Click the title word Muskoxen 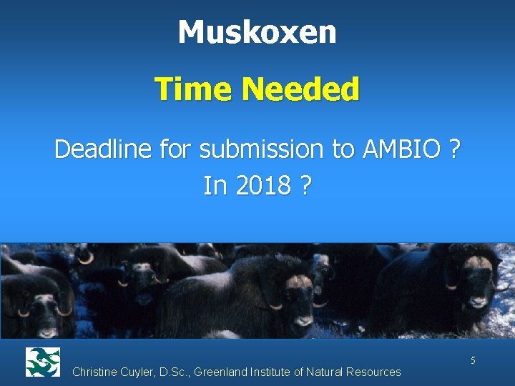(257, 32)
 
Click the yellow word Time (195, 90)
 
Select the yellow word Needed (300, 90)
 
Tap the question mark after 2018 (305, 186)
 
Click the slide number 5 (473, 360)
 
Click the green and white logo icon (43, 362)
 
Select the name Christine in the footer (97, 372)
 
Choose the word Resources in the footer (374, 372)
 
